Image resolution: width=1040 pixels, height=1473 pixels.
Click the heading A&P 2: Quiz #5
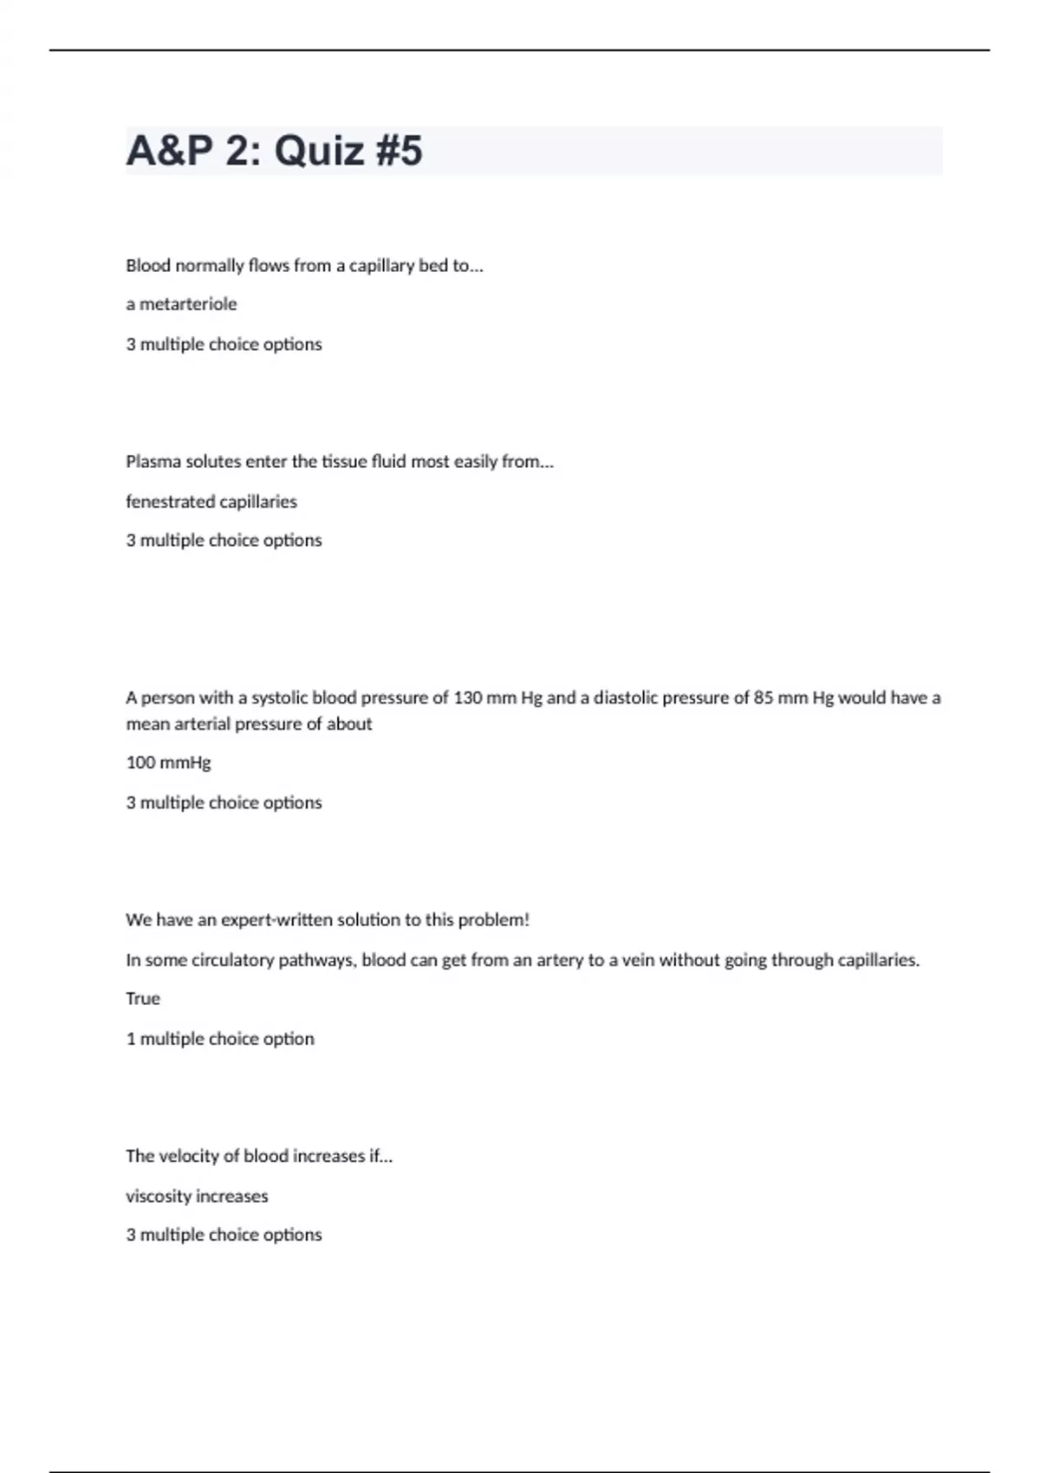pyautogui.click(x=274, y=151)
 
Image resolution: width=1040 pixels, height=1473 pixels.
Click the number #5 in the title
pyautogui.click(x=400, y=151)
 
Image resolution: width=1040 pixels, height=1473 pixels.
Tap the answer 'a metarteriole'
pyautogui.click(x=181, y=304)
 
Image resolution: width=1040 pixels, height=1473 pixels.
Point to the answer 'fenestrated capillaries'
pyautogui.click(x=211, y=502)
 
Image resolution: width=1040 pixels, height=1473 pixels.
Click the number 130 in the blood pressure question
pyautogui.click(x=468, y=698)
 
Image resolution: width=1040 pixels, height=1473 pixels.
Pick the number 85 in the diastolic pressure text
pyautogui.click(x=764, y=698)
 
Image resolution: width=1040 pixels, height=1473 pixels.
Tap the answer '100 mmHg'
pyautogui.click(x=168, y=762)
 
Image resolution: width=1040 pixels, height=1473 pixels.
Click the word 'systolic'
pyautogui.click(x=280, y=698)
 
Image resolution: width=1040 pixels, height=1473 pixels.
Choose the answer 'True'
pyautogui.click(x=143, y=999)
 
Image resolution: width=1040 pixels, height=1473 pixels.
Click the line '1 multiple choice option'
pyautogui.click(x=220, y=1039)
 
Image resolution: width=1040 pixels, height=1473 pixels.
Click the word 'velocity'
pyautogui.click(x=188, y=1156)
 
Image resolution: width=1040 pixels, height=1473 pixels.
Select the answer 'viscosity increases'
pyautogui.click(x=197, y=1197)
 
